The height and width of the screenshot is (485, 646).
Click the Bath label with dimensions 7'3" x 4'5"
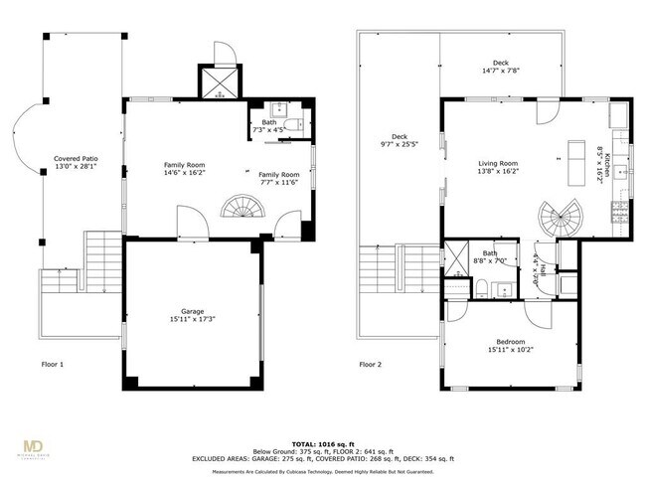click(x=269, y=126)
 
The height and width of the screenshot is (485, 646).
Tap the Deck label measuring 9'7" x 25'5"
click(x=399, y=142)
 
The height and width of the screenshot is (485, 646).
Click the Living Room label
click(x=498, y=168)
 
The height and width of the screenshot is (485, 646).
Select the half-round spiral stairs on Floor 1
click(x=241, y=208)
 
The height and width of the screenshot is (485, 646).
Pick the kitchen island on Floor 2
click(x=574, y=166)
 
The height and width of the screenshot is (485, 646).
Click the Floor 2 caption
click(x=371, y=364)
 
